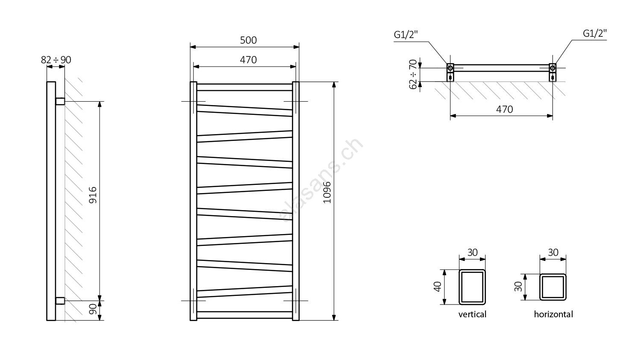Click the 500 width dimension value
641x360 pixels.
248,40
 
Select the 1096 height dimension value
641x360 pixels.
327,193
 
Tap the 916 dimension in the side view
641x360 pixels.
93,195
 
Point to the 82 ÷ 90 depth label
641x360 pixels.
56,60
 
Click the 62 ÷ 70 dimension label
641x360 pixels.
413,74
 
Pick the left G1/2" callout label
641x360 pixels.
406,35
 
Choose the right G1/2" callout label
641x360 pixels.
595,33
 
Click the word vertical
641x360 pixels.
472,314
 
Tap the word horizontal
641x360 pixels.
553,314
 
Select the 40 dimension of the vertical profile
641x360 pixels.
438,287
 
